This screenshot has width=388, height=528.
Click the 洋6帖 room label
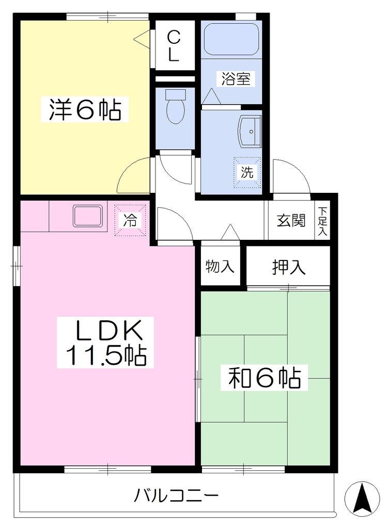85,109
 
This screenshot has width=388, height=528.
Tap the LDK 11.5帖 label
105,342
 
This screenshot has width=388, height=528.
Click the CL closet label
174,46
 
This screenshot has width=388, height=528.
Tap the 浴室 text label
236,79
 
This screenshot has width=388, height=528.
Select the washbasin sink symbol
250,131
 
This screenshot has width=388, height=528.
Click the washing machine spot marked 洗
247,173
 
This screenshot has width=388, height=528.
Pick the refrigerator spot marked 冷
130,220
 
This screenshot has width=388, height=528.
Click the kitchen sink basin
88,216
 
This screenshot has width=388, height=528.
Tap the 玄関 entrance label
291,221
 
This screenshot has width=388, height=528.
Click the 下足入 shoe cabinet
322,221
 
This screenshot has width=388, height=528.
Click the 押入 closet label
289,267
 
